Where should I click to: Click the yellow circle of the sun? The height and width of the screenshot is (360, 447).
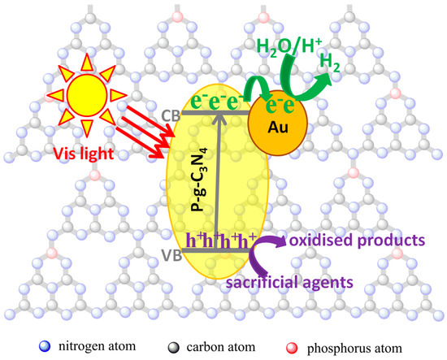point(87,95)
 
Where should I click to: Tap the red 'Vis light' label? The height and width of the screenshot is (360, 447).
point(84,154)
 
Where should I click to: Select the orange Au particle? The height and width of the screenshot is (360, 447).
point(278,124)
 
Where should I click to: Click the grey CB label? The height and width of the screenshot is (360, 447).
point(171,115)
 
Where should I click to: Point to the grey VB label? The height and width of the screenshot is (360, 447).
point(171,255)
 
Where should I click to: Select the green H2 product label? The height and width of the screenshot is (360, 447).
point(330,63)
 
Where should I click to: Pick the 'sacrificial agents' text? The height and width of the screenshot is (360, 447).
point(289,283)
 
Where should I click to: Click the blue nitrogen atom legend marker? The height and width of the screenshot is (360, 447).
point(45,347)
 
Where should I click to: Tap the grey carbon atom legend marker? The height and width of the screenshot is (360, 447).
point(174,348)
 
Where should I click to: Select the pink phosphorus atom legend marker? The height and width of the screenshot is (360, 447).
point(292,348)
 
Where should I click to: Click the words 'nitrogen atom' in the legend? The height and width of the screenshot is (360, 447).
point(98,346)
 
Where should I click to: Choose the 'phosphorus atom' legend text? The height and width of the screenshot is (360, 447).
point(354,349)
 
